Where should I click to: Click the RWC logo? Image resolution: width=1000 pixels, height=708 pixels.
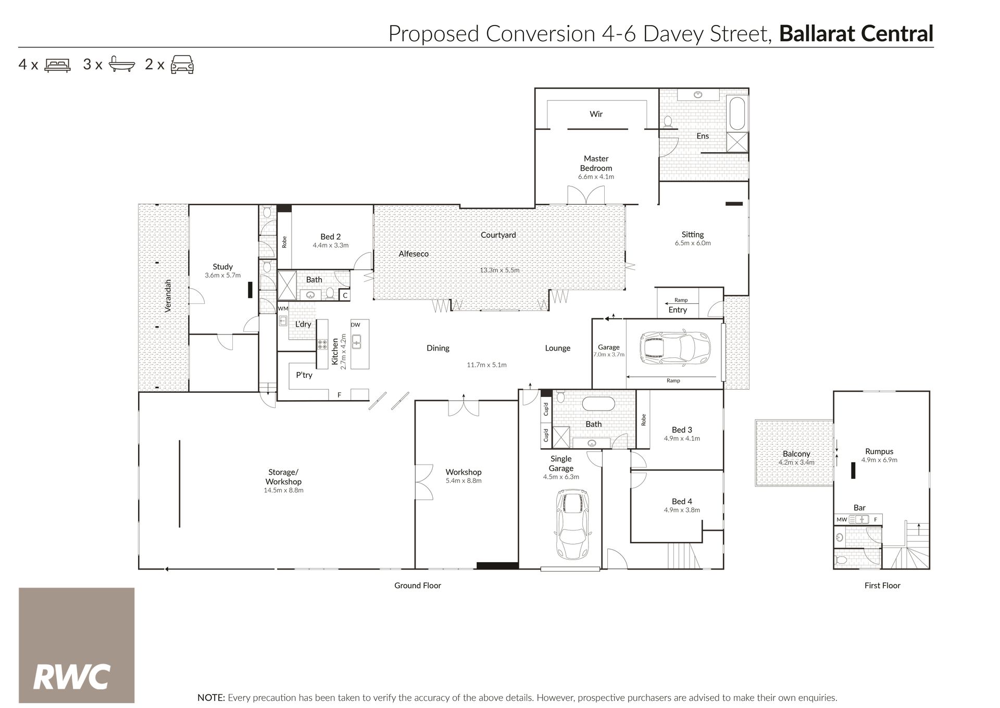click(77, 645)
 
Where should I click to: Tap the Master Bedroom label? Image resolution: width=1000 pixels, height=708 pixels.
click(596, 163)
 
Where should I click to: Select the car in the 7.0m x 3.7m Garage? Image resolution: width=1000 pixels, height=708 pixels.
click(677, 346)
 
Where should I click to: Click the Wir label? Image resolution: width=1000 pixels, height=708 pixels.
click(596, 114)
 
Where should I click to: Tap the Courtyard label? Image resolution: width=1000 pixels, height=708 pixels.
click(498, 235)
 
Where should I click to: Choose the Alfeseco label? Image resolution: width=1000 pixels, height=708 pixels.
click(414, 254)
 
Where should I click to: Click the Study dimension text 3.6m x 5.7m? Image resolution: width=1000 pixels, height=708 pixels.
click(222, 275)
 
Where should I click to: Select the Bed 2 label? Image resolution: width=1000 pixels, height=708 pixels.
click(330, 237)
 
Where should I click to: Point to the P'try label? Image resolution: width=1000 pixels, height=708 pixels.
click(304, 375)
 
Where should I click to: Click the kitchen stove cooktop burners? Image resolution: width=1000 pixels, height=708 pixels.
click(322, 345)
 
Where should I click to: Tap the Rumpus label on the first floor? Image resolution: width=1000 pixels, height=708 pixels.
click(879, 451)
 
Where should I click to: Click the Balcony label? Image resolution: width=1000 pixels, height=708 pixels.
click(796, 454)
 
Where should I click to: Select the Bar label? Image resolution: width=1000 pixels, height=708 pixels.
click(859, 507)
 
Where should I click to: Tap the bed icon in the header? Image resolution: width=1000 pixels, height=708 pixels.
click(57, 65)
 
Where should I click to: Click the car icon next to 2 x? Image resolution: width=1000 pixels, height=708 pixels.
click(182, 64)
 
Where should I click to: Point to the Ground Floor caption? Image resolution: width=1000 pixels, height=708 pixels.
click(418, 586)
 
